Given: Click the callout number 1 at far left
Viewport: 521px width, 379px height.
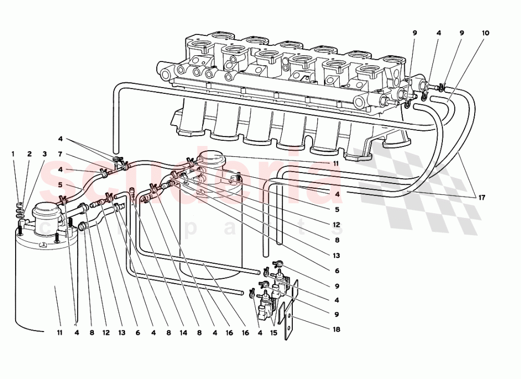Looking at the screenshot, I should pos(14,154).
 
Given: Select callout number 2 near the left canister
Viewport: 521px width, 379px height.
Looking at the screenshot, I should pos(29,154).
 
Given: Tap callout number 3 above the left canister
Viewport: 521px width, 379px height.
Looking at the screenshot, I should pos(45,154).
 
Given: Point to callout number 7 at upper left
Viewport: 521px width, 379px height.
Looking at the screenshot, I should pos(60,154).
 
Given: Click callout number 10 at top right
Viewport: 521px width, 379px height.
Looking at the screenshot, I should pos(486,33).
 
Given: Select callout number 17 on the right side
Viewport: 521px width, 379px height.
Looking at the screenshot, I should pos(482,197).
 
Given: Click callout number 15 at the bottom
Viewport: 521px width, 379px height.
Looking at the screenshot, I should pos(274,331).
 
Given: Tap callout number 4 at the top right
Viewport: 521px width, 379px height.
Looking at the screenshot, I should pos(439,33).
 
